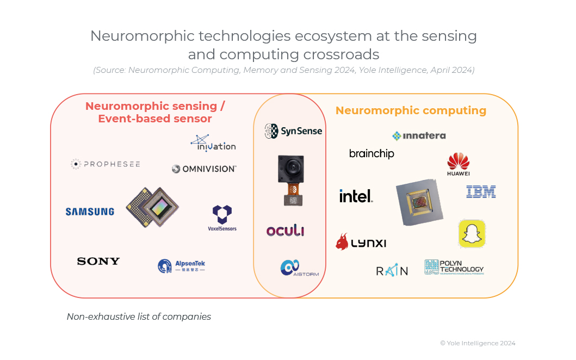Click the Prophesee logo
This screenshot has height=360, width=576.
(x=105, y=164)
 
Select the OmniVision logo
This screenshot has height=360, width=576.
(x=204, y=169)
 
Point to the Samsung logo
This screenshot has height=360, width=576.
(x=90, y=212)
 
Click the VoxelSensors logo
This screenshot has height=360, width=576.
(x=222, y=218)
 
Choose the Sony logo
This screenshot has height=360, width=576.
(x=98, y=262)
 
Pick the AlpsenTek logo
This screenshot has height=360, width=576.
(x=182, y=266)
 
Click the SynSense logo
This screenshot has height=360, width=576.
(x=293, y=131)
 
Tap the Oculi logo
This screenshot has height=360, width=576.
(x=285, y=231)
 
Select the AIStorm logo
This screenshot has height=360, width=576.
(x=299, y=268)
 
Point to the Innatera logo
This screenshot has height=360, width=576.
(x=419, y=136)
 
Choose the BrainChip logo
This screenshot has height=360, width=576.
(x=371, y=154)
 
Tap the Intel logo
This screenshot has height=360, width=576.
(x=356, y=196)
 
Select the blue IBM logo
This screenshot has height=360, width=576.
(x=481, y=191)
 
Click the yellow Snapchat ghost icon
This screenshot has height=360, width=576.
(x=472, y=234)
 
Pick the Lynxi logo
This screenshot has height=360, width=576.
(x=361, y=242)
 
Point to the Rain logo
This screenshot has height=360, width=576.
(x=392, y=270)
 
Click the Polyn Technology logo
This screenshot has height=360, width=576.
(x=454, y=267)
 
